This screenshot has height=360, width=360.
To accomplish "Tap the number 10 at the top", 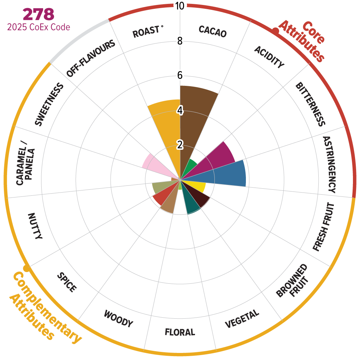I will (x=180, y=6).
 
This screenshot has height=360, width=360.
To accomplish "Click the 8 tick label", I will (x=180, y=41).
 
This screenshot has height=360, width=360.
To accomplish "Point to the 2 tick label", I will (x=180, y=145).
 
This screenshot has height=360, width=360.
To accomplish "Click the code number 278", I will (x=39, y=14).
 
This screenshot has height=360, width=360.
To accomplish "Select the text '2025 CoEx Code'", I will (x=39, y=27).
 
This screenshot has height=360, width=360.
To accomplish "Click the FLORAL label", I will (x=180, y=332).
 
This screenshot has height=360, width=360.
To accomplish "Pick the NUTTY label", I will (x=35, y=226).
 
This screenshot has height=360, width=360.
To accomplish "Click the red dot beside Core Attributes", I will (x=276, y=32).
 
